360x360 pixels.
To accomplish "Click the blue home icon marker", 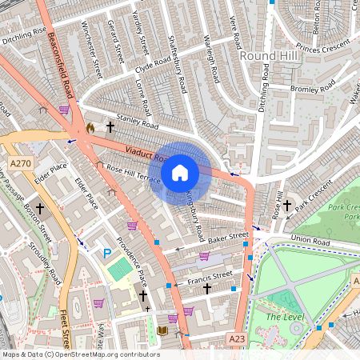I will point(180,172).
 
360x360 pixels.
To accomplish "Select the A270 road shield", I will point(21,163).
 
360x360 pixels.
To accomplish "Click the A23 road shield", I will point(236,338).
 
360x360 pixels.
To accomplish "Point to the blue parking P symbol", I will point(107,254).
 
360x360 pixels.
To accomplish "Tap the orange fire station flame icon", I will point(90,127).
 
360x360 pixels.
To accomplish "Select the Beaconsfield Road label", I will point(63,55).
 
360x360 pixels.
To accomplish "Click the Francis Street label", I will point(209,277).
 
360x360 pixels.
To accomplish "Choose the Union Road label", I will point(310,241).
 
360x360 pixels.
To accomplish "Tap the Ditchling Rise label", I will point(24,34).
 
